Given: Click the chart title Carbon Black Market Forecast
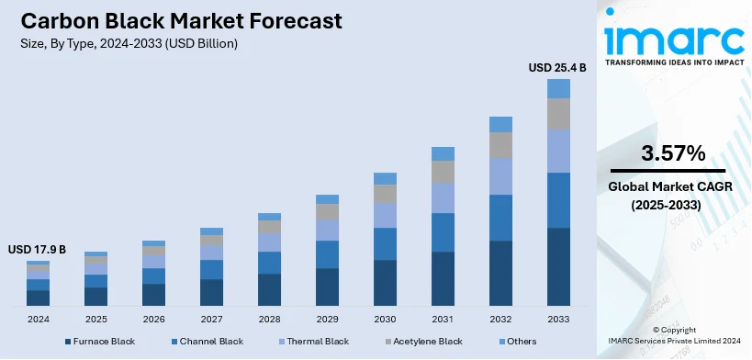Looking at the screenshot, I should pyautogui.click(x=175, y=20).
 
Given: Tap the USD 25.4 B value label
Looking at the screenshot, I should pyautogui.click(x=557, y=67).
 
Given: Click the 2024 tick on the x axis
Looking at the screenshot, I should pyautogui.click(x=38, y=319).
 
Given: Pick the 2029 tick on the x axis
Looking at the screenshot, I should pyautogui.click(x=327, y=319).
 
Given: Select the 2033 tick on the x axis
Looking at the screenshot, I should pyautogui.click(x=558, y=319).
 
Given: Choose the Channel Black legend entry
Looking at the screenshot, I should pyautogui.click(x=210, y=342).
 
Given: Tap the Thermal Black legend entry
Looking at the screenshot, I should pyautogui.click(x=316, y=342).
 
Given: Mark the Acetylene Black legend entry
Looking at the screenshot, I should pyautogui.click(x=425, y=342).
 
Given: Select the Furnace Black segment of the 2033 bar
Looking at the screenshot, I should pyautogui.click(x=558, y=266).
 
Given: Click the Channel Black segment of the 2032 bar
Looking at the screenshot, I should pyautogui.click(x=500, y=218).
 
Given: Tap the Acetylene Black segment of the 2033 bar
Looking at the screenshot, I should pyautogui.click(x=558, y=114).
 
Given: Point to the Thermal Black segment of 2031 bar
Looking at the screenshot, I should pyautogui.click(x=443, y=197).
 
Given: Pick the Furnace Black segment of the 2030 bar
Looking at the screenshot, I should pyautogui.click(x=385, y=282).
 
